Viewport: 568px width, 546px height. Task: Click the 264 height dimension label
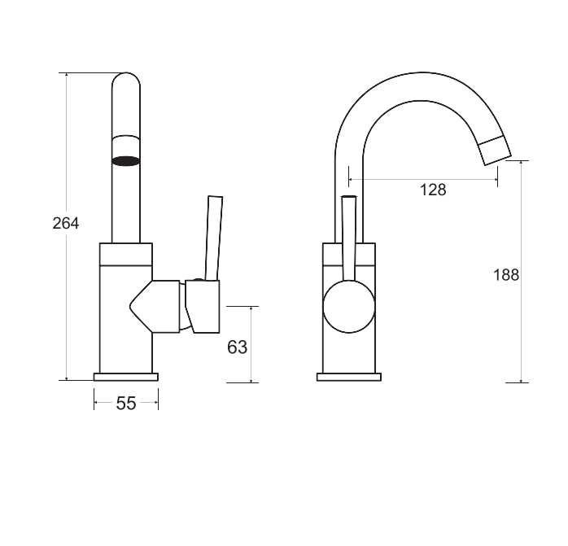click(x=66, y=223)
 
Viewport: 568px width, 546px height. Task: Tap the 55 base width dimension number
click(x=126, y=404)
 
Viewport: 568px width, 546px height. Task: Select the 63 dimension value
click(x=238, y=347)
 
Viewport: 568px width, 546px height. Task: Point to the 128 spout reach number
click(x=433, y=190)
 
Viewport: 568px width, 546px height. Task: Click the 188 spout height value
click(x=506, y=275)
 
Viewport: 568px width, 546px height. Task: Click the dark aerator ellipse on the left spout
click(x=125, y=161)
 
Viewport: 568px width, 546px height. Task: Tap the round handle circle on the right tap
click(x=349, y=306)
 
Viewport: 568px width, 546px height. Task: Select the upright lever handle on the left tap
click(x=213, y=238)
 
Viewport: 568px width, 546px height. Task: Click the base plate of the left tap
click(x=126, y=377)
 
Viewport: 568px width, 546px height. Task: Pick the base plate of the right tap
click(x=349, y=377)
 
